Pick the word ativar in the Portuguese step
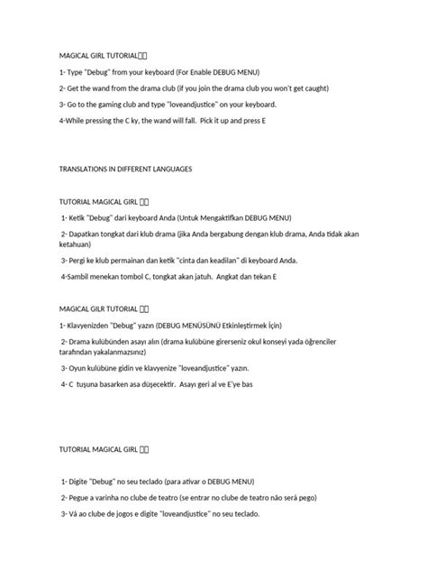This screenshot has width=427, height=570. pos(197,481)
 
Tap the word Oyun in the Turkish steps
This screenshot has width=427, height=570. pos(77,368)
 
